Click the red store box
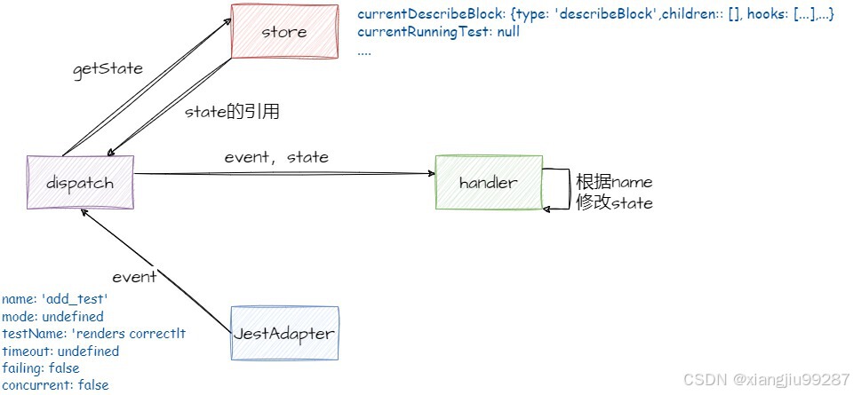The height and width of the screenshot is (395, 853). pos(284,32)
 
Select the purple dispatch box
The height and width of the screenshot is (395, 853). pos(80,182)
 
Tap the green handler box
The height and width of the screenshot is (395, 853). pos(488,182)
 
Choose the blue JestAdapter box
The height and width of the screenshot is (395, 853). pos(284,333)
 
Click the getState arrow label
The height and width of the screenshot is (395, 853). pos(107,68)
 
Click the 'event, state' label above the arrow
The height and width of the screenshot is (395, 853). pos(276,157)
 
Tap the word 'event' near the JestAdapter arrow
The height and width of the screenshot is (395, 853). pos(134,276)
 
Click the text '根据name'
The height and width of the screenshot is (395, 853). pos(614,182)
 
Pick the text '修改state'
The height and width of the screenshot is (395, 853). pos(614,203)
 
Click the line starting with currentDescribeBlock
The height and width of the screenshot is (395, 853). pos(595,15)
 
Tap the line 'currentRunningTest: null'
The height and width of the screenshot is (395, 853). pos(438,32)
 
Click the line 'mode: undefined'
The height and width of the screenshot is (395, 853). pos(52,317)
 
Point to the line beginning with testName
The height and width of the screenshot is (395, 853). pos(93,334)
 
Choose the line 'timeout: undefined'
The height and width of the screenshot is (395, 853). pos(60,352)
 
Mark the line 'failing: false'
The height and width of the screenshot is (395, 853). pos(41,368)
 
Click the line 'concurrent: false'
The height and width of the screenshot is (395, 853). pos(55,385)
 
